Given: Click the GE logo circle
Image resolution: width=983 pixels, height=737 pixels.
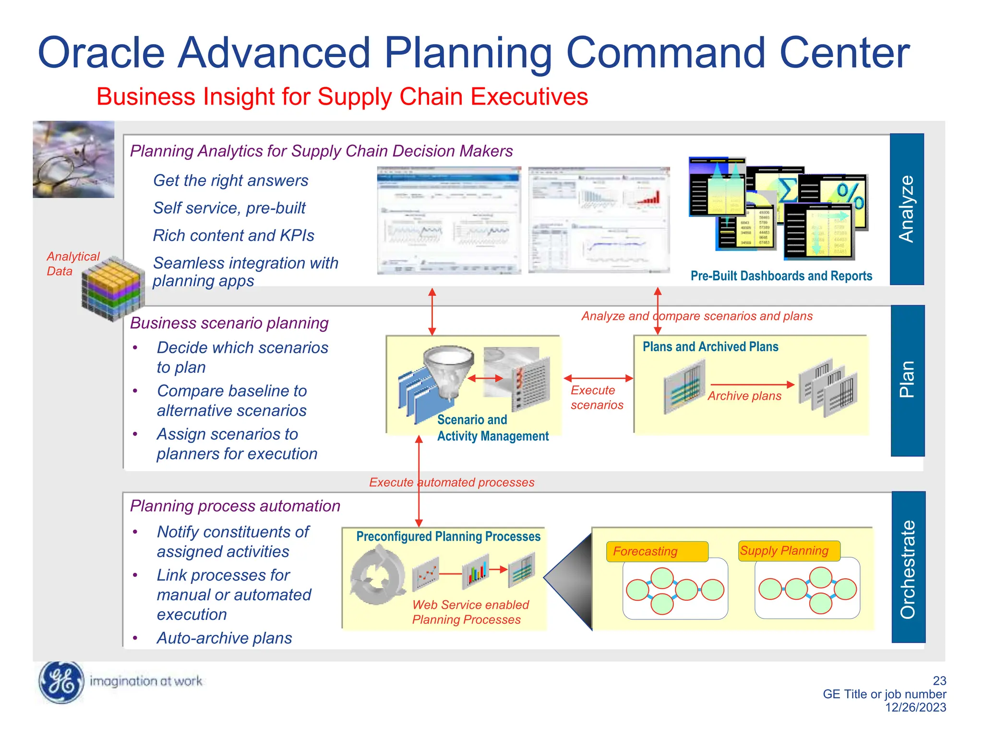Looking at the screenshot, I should (x=61, y=682).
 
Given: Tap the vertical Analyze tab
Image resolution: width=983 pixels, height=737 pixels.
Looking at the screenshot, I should (x=907, y=209).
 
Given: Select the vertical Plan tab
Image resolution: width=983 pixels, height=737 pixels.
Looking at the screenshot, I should (x=907, y=380).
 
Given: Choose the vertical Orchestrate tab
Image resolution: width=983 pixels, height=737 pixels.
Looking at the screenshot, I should (x=908, y=567).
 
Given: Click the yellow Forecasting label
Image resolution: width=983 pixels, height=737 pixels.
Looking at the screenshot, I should (x=657, y=551).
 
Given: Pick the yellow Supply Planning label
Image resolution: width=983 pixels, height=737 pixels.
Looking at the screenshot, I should (x=789, y=550).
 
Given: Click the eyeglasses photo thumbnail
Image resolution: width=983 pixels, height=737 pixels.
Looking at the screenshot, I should (x=73, y=159).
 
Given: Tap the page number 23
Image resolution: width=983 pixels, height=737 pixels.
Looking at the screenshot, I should (x=939, y=680).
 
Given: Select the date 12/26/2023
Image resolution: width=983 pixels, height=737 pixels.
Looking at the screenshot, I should (x=915, y=707).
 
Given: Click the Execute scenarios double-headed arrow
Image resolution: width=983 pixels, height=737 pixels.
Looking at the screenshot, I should (x=598, y=378).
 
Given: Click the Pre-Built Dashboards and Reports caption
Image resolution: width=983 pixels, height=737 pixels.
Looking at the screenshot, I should (x=781, y=276).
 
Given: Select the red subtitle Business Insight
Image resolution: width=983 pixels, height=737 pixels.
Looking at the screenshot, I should (x=342, y=96).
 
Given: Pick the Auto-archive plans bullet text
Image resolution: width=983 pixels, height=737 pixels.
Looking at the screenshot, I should (x=224, y=638).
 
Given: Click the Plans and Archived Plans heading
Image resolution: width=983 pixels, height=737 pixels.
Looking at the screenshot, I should (x=710, y=346).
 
